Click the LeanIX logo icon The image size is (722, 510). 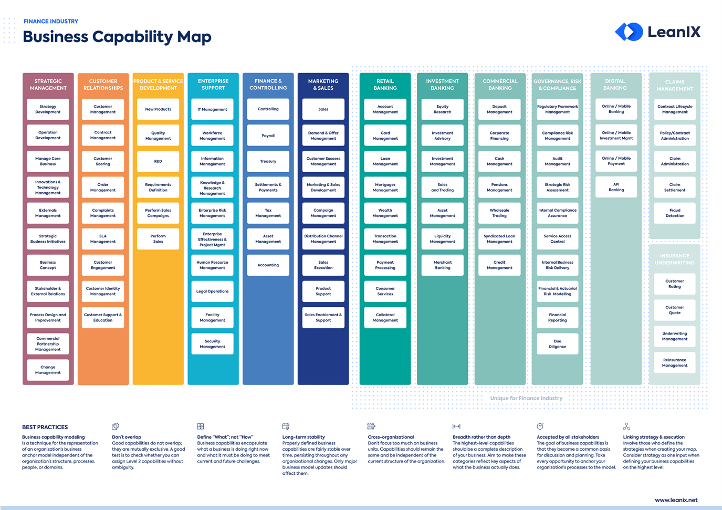(629, 32)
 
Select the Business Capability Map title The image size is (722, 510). (117, 37)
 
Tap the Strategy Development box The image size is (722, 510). (48, 109)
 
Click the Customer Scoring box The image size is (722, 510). (103, 161)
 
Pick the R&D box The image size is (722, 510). (158, 161)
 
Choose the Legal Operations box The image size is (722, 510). (212, 292)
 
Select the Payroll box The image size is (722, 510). (268, 136)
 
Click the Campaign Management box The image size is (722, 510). (323, 213)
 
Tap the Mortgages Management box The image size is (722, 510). (385, 188)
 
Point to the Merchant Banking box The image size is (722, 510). (442, 265)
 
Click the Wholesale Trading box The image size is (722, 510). (499, 213)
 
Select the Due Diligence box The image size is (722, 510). (557, 344)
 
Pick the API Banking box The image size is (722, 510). (616, 187)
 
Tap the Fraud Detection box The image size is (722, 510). (675, 213)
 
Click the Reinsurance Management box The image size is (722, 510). (675, 363)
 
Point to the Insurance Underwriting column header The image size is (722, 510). (675, 259)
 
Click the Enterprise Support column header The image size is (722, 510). (213, 85)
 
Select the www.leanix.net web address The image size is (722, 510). (676, 500)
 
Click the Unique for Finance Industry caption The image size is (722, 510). (526, 398)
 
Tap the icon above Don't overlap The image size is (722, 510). (116, 426)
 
